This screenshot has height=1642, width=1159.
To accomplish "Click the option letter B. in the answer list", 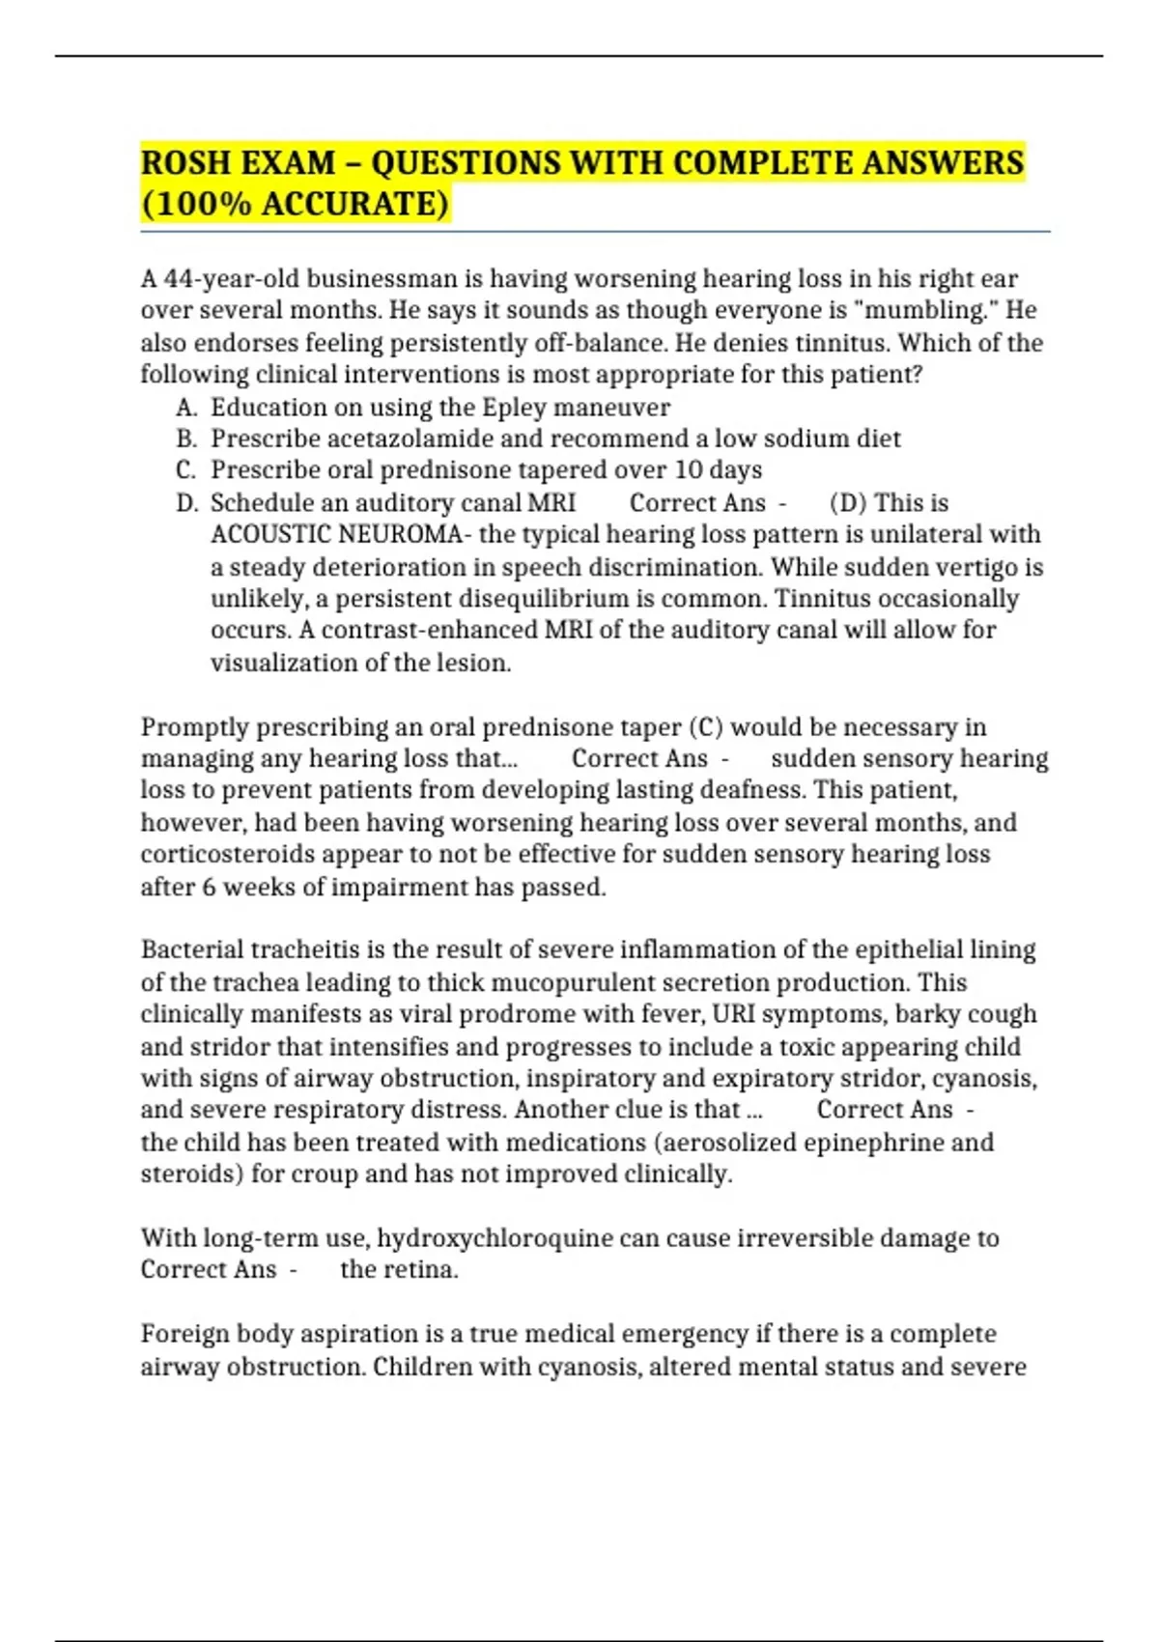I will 186,439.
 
